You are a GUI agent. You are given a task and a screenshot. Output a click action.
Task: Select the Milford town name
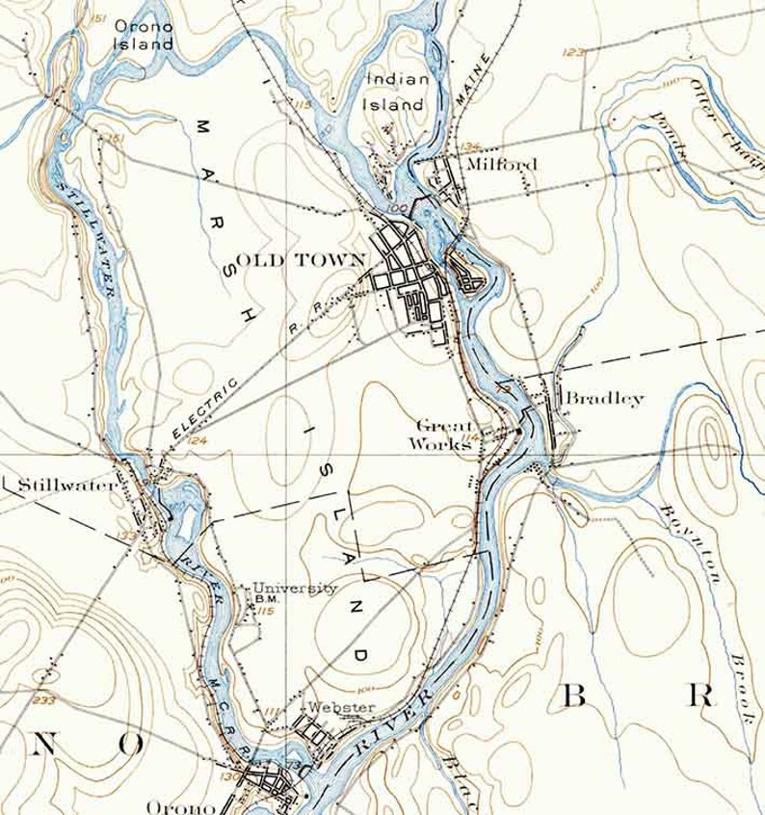(x=501, y=165)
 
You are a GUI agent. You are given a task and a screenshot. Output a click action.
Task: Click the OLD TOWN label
(x=302, y=259)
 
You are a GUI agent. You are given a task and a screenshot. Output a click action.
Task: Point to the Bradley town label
(x=604, y=398)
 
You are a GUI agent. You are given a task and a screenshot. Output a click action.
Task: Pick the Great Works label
(x=443, y=434)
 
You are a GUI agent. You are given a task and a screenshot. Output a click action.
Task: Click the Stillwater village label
(x=60, y=486)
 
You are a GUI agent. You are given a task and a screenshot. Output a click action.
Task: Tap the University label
(x=295, y=589)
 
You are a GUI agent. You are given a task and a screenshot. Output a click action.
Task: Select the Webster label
(x=342, y=708)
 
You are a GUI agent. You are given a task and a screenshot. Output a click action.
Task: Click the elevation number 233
(x=44, y=700)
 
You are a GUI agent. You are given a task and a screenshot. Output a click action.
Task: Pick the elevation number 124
(x=198, y=440)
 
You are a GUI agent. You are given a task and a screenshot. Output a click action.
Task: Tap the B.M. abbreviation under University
(x=267, y=599)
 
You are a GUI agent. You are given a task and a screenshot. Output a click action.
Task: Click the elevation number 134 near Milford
(x=469, y=146)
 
